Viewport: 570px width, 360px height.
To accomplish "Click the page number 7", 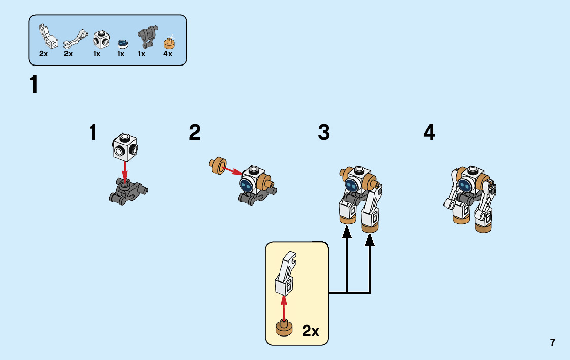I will tap(552, 342).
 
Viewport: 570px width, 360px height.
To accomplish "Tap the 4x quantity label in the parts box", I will tap(168, 54).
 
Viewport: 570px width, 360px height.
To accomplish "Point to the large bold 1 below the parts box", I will tap(34, 84).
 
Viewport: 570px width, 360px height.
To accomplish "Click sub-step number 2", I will tap(195, 133).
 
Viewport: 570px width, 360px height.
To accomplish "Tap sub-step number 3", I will tap(324, 133).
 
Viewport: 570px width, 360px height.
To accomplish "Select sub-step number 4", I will tap(429, 133).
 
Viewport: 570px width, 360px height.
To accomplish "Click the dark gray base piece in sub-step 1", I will tap(127, 192).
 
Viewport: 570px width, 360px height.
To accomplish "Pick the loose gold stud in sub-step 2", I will tap(218, 165).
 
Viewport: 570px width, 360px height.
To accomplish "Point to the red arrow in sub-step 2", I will tap(233, 170).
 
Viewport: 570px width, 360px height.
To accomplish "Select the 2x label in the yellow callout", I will tap(310, 331).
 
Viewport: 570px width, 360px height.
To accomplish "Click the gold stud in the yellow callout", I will tap(284, 328).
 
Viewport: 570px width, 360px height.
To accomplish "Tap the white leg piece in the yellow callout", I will tap(285, 274).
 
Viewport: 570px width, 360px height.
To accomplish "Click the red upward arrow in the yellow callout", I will tap(284, 308).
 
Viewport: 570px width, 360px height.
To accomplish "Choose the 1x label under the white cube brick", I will tap(97, 54).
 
